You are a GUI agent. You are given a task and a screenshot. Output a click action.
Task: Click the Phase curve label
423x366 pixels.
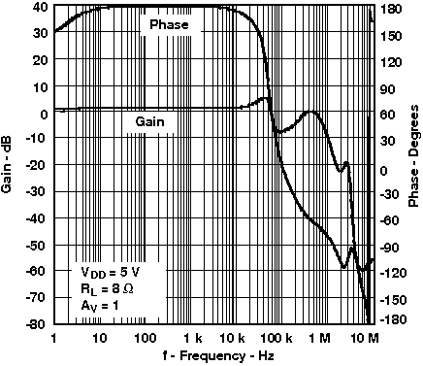point(170,23)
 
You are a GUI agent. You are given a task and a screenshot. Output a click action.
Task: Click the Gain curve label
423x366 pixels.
point(148,121)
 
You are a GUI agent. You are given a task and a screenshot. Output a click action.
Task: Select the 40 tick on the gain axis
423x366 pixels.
point(40,7)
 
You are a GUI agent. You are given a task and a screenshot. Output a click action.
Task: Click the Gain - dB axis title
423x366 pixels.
point(9,165)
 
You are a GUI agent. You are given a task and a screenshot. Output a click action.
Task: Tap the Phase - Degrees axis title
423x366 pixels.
point(414,165)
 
